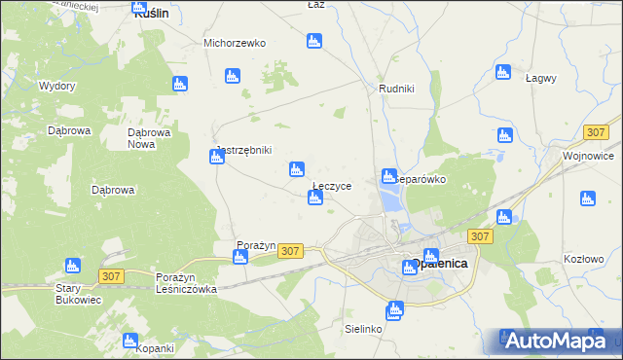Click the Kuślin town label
[151, 15]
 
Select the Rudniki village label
[396, 89]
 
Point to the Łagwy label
[540, 78]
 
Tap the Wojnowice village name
[588, 156]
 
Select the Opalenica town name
[435, 264]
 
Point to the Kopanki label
[155, 348]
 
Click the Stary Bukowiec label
[79, 295]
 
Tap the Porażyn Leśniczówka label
[186, 283]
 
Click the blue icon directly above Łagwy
[502, 72]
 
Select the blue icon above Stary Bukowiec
[72, 266]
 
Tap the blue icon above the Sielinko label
[393, 311]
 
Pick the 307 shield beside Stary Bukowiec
[111, 277]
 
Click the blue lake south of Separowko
[391, 200]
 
